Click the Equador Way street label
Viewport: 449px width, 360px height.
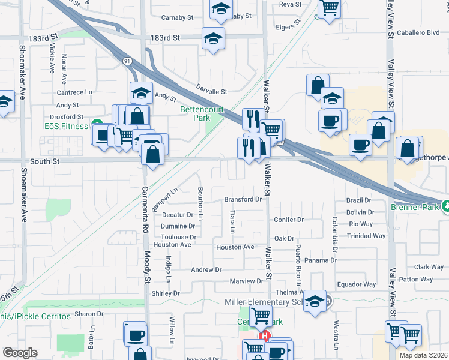click(357, 284)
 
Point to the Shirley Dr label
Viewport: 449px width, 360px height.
click(166, 293)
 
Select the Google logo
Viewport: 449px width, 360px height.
click(20, 353)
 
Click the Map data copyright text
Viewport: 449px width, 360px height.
click(424, 355)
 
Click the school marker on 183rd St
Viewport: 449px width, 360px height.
click(212, 39)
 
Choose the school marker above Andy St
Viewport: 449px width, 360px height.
click(141, 92)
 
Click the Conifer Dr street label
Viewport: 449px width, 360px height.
click(289, 220)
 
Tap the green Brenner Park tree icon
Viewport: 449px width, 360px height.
click(445, 205)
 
